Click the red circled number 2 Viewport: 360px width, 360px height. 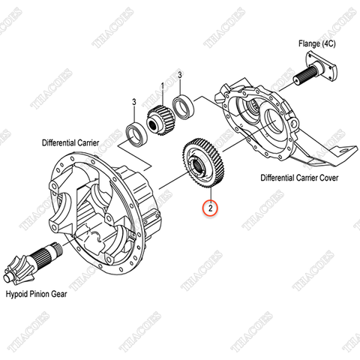[212, 208]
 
